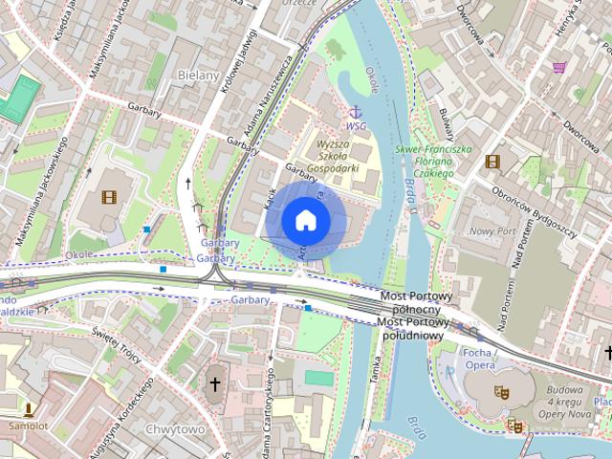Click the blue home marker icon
(x=306, y=221)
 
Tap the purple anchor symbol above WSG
(x=355, y=112)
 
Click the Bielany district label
(x=199, y=75)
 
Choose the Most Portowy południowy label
(x=412, y=328)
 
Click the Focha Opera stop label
(x=479, y=359)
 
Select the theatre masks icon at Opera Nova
(x=500, y=391)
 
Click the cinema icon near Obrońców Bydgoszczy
(x=492, y=162)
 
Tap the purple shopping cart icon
(x=559, y=68)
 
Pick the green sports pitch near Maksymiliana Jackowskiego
(x=19, y=98)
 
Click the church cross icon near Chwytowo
(x=215, y=383)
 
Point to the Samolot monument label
(x=28, y=425)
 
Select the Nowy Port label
(x=493, y=231)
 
